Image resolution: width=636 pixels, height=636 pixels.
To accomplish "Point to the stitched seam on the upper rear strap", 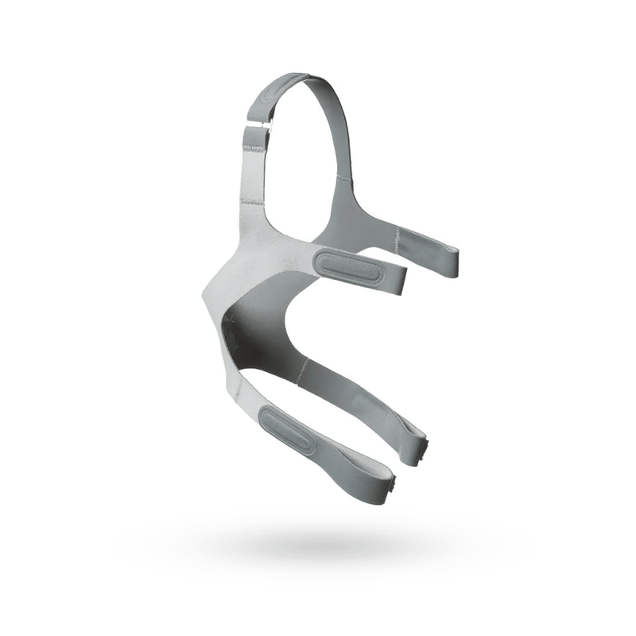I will click(395, 233).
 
